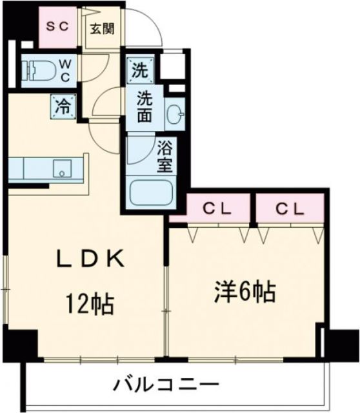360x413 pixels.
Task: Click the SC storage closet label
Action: [x=57, y=27]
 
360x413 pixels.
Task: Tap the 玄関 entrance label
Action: [x=103, y=29]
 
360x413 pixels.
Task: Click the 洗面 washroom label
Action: [x=145, y=108]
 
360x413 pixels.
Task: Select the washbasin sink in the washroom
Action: [x=174, y=116]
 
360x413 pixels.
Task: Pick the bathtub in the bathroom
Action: [x=150, y=192]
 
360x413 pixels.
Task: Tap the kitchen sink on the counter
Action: [x=62, y=170]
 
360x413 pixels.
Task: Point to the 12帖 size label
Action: [x=89, y=301]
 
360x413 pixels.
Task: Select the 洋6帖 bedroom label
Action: [x=245, y=292]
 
